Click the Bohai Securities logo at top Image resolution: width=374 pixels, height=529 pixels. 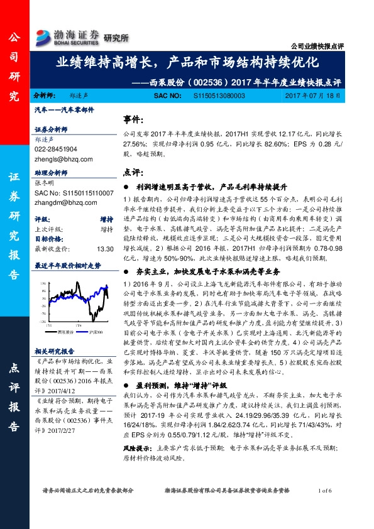click(x=68, y=36)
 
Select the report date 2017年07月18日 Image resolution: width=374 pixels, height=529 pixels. click(x=312, y=95)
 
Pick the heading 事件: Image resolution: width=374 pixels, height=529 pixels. click(x=132, y=119)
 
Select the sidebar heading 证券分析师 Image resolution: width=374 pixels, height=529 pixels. click(x=50, y=129)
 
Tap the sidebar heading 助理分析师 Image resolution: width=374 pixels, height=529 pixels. click(x=50, y=172)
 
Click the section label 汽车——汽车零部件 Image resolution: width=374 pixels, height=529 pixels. click(x=64, y=109)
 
